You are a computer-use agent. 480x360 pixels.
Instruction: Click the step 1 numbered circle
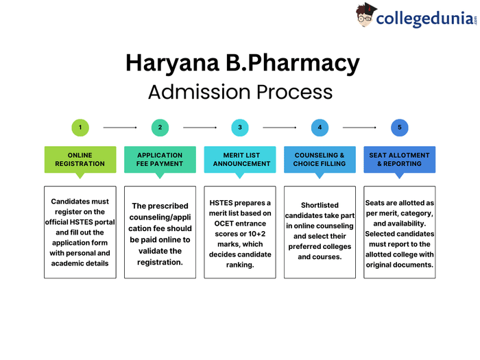point(80,128)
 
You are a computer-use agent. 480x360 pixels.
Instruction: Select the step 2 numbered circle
point(160,128)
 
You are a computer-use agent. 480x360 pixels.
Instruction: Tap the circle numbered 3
point(240,128)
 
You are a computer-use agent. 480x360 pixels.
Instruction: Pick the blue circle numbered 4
point(320,128)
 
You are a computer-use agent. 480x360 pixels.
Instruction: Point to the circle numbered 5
point(399,128)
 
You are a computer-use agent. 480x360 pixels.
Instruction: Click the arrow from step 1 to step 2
point(120,128)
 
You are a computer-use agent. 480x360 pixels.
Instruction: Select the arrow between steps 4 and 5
point(359,128)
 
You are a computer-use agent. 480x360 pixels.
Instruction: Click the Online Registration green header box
point(80,159)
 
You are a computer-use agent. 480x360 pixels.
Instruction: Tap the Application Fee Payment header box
point(160,159)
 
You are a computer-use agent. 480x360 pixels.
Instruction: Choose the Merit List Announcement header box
point(240,159)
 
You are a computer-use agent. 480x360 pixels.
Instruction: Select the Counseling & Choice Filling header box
point(320,159)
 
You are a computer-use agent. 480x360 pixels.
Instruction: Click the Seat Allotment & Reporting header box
point(399,159)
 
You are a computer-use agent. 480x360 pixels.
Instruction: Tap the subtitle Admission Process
point(240,92)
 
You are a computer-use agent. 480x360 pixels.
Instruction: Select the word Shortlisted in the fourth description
point(320,205)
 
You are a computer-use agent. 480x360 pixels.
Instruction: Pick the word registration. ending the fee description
point(160,261)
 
